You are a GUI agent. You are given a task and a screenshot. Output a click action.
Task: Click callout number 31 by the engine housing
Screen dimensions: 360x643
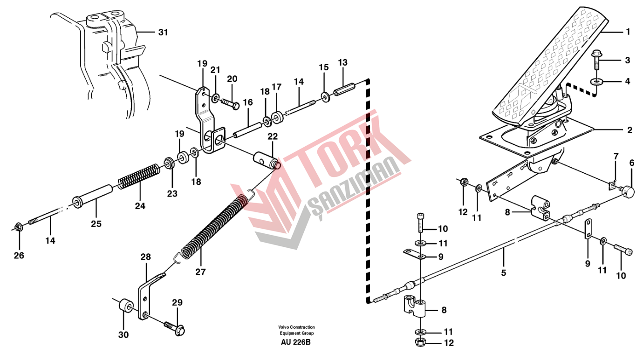tap(163, 33)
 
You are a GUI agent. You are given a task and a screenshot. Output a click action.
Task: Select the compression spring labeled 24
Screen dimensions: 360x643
tap(137, 177)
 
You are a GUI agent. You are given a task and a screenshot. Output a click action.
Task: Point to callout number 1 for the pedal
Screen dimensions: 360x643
tap(628, 32)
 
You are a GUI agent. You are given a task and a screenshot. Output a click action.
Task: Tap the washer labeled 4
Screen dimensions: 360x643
tap(596, 82)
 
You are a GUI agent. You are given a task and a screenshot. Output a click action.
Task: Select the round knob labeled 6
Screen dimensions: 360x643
tap(630, 191)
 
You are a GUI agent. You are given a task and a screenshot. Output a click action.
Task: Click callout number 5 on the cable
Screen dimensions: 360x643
tap(503, 273)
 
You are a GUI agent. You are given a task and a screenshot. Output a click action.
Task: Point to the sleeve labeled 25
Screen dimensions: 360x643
tap(93, 198)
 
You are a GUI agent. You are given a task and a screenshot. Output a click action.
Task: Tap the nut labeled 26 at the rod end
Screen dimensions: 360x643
tap(19, 227)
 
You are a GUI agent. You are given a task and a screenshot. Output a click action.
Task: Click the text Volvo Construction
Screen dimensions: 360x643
tap(297, 327)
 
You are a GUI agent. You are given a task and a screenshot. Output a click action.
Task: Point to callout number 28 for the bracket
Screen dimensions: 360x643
tap(146, 257)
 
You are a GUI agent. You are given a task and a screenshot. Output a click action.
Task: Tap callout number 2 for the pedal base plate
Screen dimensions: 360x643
tap(629, 130)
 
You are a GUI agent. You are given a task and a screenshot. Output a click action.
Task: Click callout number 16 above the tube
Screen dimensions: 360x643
tap(247, 102)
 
